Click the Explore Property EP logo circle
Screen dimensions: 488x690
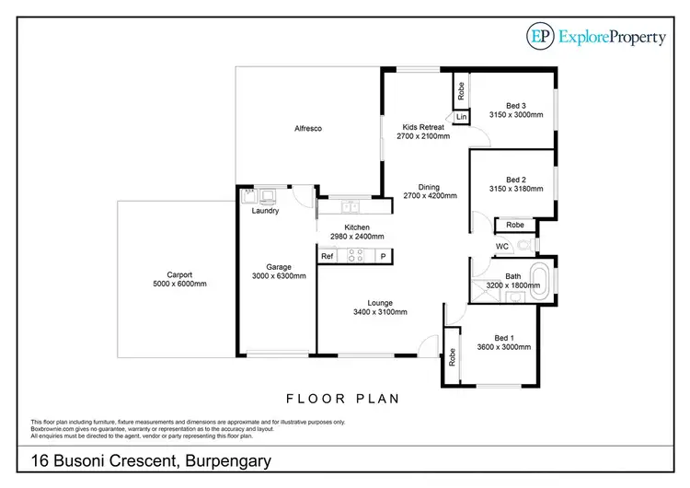[x=541, y=36]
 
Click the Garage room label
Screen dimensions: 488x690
[x=279, y=266]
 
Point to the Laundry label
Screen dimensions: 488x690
[x=265, y=211]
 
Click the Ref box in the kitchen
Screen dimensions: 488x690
[x=327, y=257]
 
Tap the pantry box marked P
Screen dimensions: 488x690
[x=384, y=257]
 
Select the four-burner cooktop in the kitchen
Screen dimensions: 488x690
[x=354, y=257]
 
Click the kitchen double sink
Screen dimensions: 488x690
[x=348, y=195]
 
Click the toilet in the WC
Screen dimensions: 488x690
[x=523, y=246]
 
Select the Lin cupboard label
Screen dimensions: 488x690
[x=461, y=117]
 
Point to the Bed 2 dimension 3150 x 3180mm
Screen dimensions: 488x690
[x=515, y=189]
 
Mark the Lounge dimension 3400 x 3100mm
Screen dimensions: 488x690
[x=380, y=312]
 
